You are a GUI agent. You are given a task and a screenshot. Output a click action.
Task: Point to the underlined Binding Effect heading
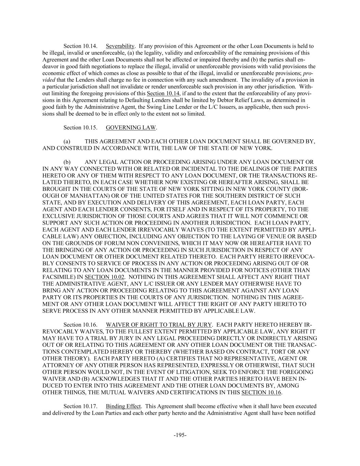[x=123, y=406]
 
